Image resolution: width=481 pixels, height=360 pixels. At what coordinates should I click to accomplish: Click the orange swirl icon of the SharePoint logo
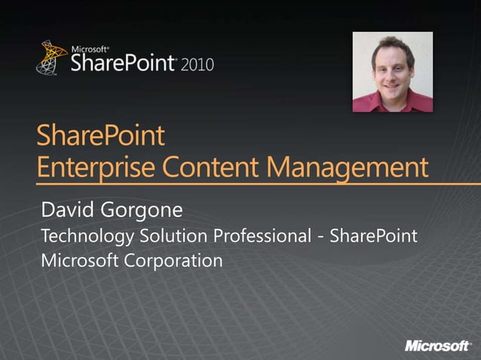51,58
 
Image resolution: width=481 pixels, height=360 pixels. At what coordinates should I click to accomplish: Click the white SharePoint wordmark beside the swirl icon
124,63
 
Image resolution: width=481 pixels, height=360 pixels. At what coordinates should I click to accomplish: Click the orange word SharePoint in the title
100,137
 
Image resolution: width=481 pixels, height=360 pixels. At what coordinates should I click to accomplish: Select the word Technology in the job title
87,236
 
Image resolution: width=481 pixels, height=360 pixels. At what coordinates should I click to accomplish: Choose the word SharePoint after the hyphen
372,236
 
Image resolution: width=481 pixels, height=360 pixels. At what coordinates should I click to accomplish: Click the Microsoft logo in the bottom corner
438,346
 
